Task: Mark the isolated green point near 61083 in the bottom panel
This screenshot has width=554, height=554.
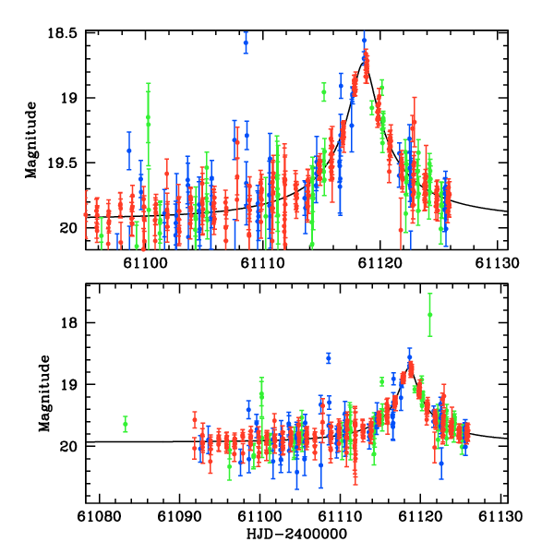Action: (126, 424)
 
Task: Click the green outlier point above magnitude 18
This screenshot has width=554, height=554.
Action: (429, 315)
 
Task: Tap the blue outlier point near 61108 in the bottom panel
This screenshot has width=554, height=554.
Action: (328, 357)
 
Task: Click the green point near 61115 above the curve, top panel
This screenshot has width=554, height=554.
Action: (324, 91)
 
